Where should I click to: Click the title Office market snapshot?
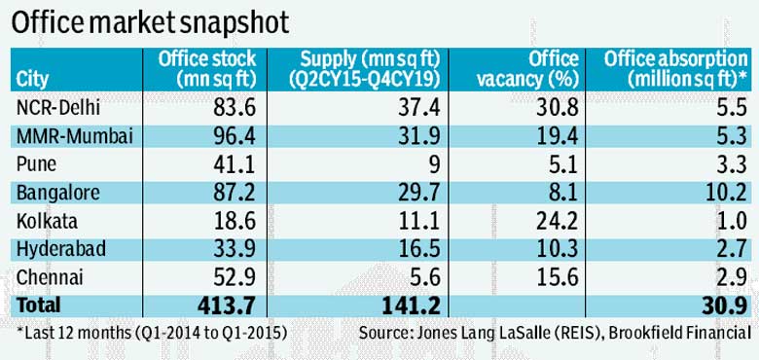[x=150, y=22]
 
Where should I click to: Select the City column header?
[x=32, y=80]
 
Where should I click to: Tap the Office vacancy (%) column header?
[x=527, y=69]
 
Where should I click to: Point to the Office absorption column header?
[x=675, y=69]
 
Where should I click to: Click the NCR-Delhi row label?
[x=58, y=108]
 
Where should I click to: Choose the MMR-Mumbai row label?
[x=75, y=137]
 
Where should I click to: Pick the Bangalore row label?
[x=58, y=193]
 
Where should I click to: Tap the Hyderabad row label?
[x=61, y=249]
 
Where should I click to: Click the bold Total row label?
[x=38, y=306]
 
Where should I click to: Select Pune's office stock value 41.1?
[x=235, y=164]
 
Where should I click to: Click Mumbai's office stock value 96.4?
[x=235, y=136]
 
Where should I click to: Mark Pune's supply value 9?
[x=435, y=164]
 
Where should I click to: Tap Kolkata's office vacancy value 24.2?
[x=557, y=221]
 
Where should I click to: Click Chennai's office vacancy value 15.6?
[x=557, y=277]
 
